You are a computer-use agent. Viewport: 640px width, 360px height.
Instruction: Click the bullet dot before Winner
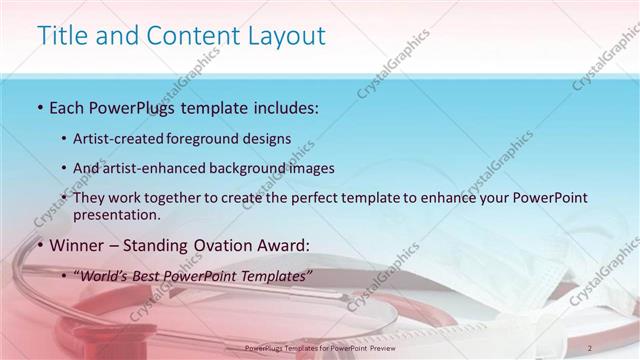pyautogui.click(x=39, y=245)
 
